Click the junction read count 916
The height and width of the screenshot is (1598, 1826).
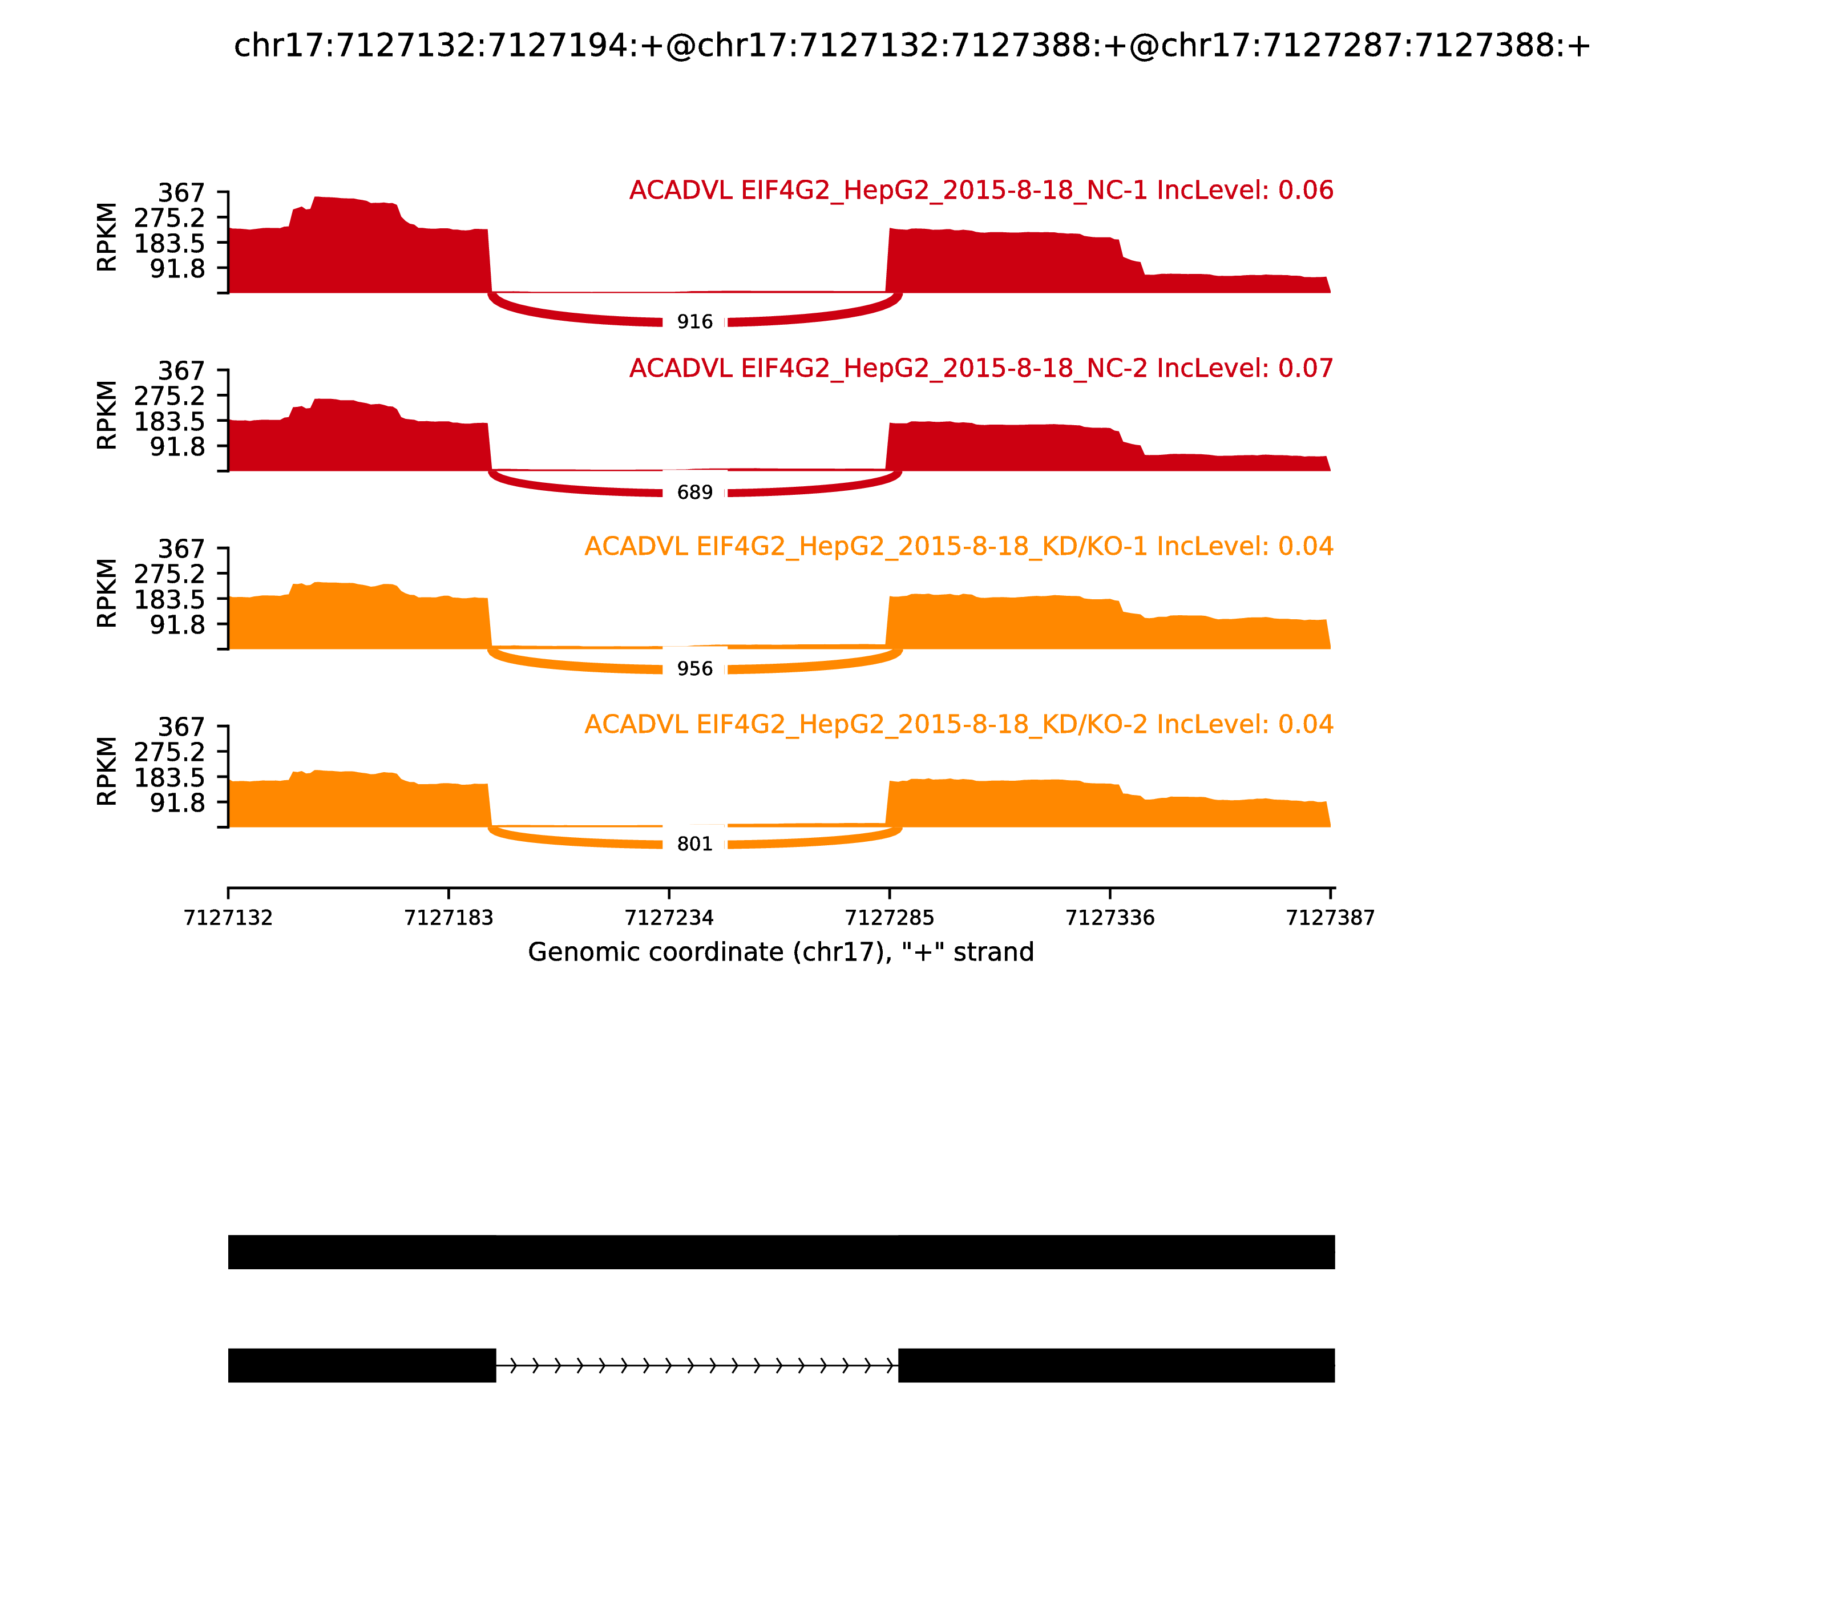[x=694, y=322]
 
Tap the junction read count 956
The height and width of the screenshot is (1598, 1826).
[x=694, y=669]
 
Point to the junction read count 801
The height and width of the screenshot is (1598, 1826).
[x=694, y=845]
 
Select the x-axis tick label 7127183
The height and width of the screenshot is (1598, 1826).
[x=449, y=918]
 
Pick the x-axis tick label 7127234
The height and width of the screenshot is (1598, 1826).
[x=669, y=918]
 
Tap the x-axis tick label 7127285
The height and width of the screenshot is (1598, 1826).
[x=889, y=918]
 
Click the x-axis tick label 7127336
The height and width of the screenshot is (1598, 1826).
[x=1110, y=918]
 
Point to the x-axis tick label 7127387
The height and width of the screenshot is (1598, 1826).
[x=1330, y=918]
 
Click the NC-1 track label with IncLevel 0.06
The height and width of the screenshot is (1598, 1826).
[x=981, y=191]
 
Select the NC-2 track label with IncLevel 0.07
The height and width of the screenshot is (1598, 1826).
[x=981, y=368]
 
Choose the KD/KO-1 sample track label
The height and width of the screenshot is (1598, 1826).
[x=959, y=547]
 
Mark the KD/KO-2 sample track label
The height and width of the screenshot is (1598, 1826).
[x=959, y=724]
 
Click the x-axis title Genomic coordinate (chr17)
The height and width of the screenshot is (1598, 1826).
[x=781, y=953]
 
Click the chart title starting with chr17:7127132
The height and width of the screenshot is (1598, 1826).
[x=912, y=46]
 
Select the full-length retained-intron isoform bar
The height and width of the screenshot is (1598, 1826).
[x=781, y=1252]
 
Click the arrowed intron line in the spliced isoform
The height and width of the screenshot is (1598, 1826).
[x=696, y=1365]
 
